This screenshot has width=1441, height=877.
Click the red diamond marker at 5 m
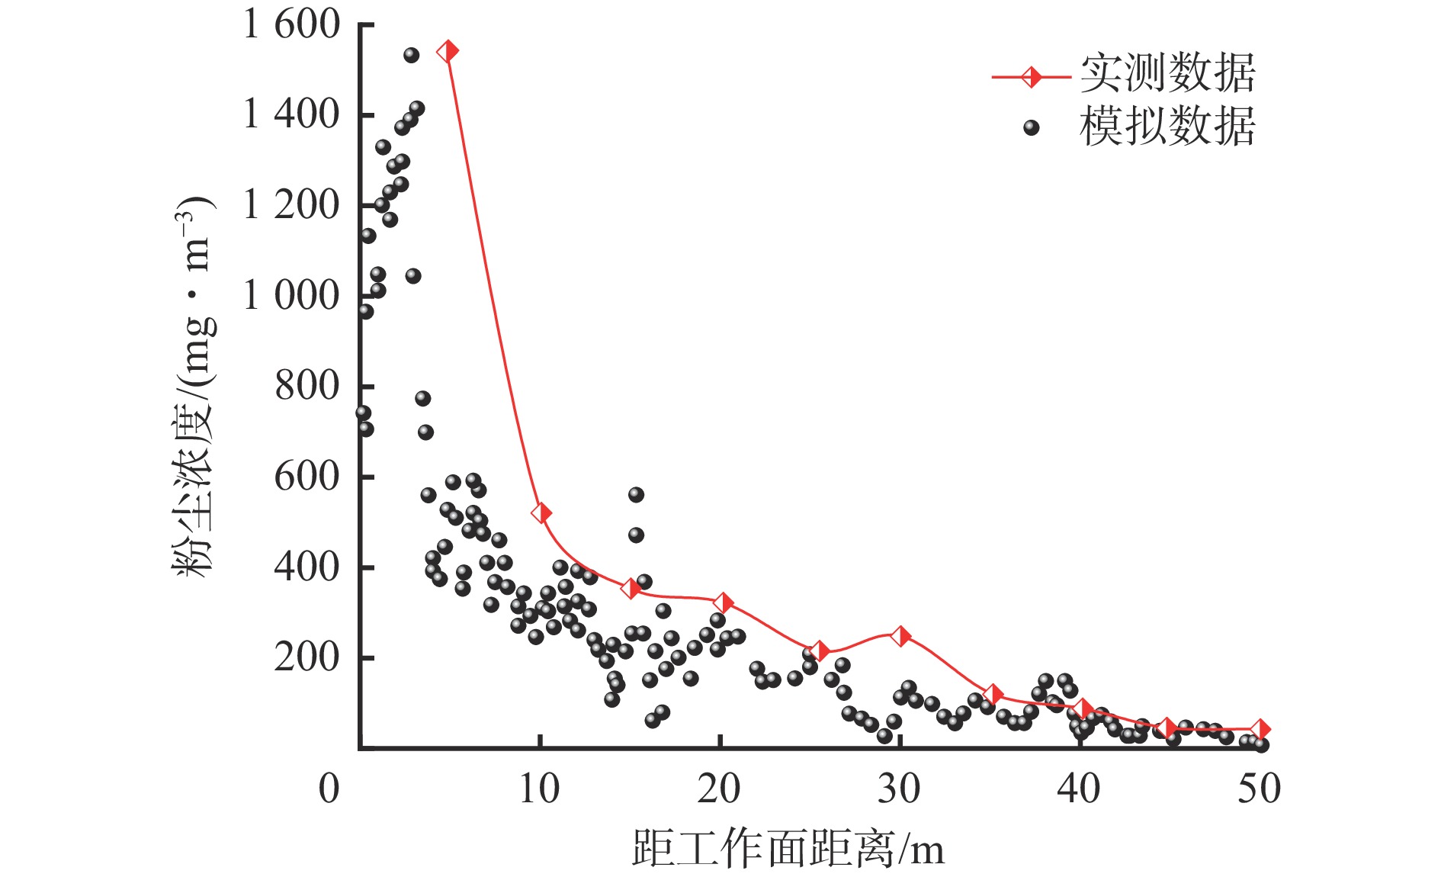(x=448, y=52)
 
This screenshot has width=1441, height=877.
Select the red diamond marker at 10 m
(x=541, y=512)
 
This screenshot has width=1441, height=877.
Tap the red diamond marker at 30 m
(x=900, y=636)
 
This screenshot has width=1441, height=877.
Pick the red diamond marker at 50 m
(x=1260, y=729)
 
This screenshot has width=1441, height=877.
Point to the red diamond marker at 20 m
(x=723, y=603)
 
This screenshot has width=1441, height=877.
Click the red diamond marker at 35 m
(x=992, y=694)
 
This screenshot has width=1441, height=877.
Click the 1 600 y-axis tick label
(x=291, y=24)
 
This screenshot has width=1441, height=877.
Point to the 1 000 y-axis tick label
(x=291, y=295)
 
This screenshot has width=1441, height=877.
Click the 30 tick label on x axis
(x=900, y=789)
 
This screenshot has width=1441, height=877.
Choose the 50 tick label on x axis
(x=1259, y=789)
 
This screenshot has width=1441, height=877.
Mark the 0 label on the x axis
(x=329, y=789)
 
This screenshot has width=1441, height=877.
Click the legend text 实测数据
(x=1167, y=74)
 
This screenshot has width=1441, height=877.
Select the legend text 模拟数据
(x=1167, y=126)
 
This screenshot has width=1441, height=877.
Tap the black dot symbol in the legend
(x=1032, y=127)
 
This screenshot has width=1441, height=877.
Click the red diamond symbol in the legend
(x=1032, y=77)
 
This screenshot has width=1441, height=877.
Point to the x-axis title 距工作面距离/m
(x=788, y=849)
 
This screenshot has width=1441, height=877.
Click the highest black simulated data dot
(x=411, y=55)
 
